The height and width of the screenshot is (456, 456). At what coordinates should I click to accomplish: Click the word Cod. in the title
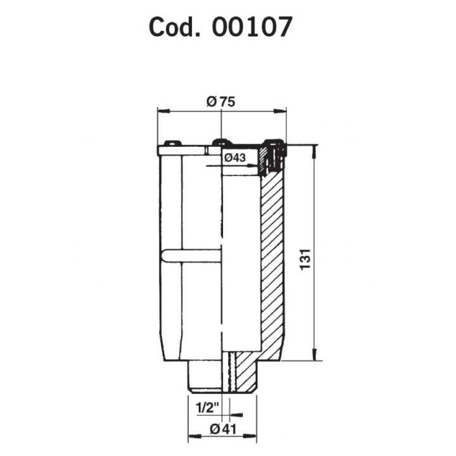pos(175,27)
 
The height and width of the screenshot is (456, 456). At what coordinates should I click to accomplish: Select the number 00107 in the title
pos(252,27)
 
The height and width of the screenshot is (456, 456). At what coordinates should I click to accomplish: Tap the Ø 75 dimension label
pos(221,102)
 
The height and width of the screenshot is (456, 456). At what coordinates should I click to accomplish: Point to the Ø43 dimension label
pos(235,158)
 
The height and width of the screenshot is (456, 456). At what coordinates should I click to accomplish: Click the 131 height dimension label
pos(305,260)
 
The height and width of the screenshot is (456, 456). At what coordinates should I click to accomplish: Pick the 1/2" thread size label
pos(207,408)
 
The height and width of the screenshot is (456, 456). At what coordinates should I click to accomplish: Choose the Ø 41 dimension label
pos(223,429)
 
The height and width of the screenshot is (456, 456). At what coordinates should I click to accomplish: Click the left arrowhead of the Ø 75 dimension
pos(163,111)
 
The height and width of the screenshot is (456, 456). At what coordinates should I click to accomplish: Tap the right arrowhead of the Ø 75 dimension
pos(280,110)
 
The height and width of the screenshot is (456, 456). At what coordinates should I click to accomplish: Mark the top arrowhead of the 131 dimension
pos(314,152)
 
